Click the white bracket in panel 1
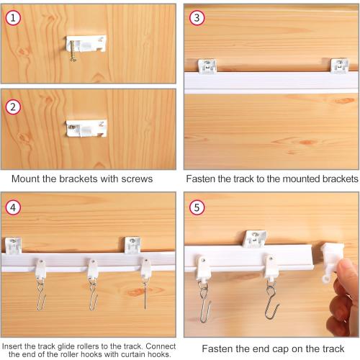[87, 43]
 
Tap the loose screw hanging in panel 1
[72, 52]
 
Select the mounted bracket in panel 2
[87, 129]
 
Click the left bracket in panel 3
[209, 66]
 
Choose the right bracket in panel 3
[340, 66]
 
